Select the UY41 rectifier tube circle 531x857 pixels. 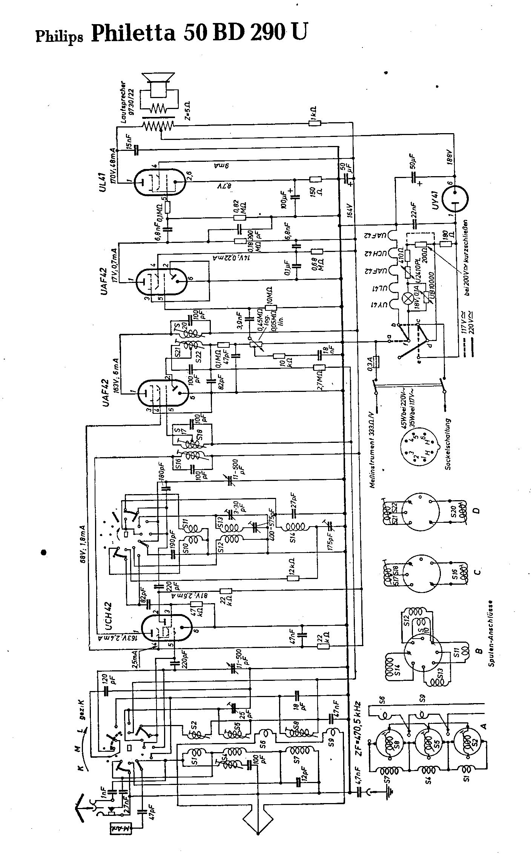point(454,198)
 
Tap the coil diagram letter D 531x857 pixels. point(477,511)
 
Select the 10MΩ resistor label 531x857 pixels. point(269,294)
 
